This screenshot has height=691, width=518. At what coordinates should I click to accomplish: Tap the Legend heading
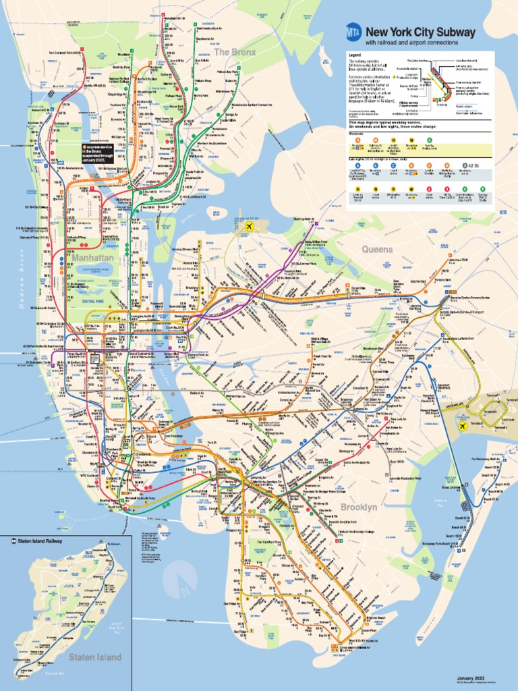(355, 54)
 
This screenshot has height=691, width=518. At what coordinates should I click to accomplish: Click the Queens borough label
(377, 249)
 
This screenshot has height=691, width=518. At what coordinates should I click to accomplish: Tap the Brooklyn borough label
(359, 506)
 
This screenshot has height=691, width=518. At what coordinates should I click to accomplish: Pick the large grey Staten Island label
(94, 657)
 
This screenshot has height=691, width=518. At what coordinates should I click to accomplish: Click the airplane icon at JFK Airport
(463, 426)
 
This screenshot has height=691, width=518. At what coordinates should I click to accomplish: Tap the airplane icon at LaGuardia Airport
(251, 227)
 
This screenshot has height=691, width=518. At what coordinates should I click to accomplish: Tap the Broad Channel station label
(450, 487)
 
